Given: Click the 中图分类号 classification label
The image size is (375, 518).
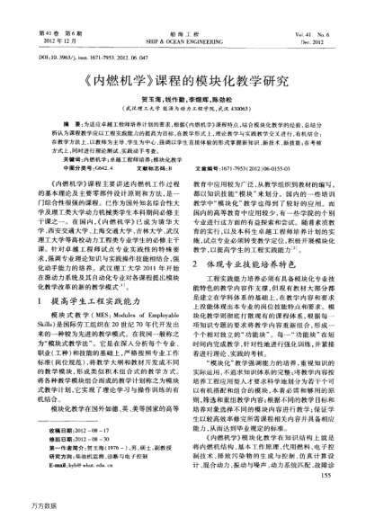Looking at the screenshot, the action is click(70, 158).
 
